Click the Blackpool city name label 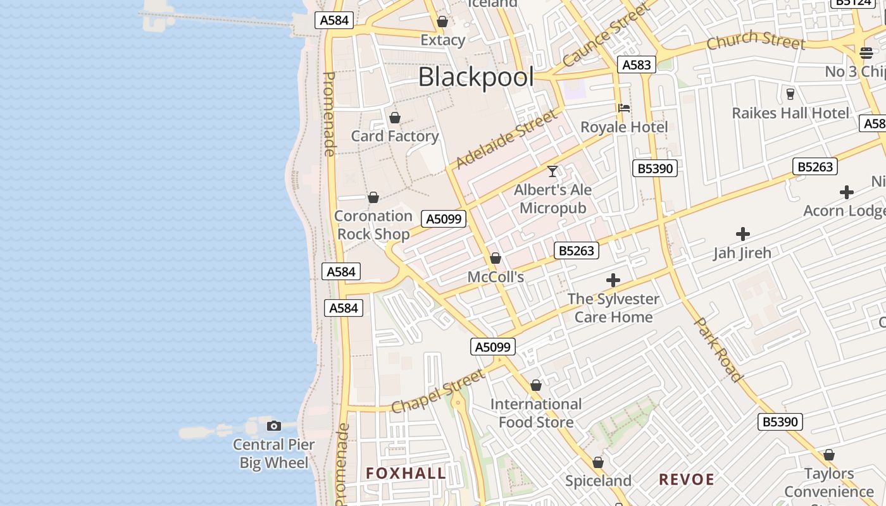pyautogui.click(x=476, y=77)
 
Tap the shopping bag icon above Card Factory pyautogui.click(x=395, y=118)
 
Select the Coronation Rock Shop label pyautogui.click(x=373, y=225)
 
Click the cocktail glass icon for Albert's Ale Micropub pyautogui.click(x=552, y=171)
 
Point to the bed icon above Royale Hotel pyautogui.click(x=624, y=108)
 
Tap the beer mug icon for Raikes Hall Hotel pyautogui.click(x=790, y=94)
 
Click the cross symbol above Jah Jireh pyautogui.click(x=743, y=235)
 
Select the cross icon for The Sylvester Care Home pyautogui.click(x=613, y=280)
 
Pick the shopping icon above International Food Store pyautogui.click(x=536, y=385)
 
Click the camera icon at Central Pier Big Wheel pyautogui.click(x=273, y=426)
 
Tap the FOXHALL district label pyautogui.click(x=406, y=473)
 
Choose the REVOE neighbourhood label pyautogui.click(x=687, y=479)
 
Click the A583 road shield pyautogui.click(x=637, y=65)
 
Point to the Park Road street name pyautogui.click(x=720, y=349)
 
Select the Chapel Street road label pyautogui.click(x=438, y=392)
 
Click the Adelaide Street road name pyautogui.click(x=507, y=139)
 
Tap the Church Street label pyautogui.click(x=756, y=40)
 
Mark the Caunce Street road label pyautogui.click(x=606, y=35)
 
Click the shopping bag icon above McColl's pyautogui.click(x=496, y=258)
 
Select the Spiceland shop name pyautogui.click(x=598, y=481)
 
